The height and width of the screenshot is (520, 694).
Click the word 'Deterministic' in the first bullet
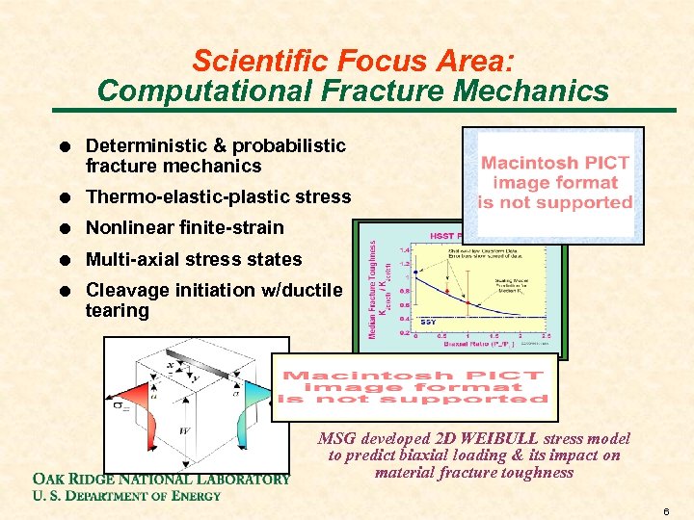click(147, 145)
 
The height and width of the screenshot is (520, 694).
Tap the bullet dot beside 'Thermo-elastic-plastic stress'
click(62, 197)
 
